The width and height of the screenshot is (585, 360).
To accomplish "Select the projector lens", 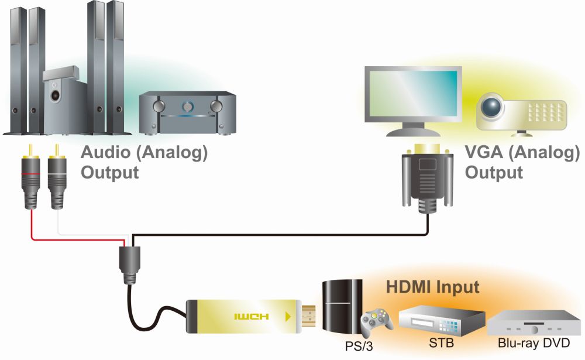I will tap(490, 107).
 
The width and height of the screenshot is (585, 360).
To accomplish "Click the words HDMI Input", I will tap(433, 287).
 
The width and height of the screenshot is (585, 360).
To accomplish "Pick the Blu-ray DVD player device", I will tap(535, 323).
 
